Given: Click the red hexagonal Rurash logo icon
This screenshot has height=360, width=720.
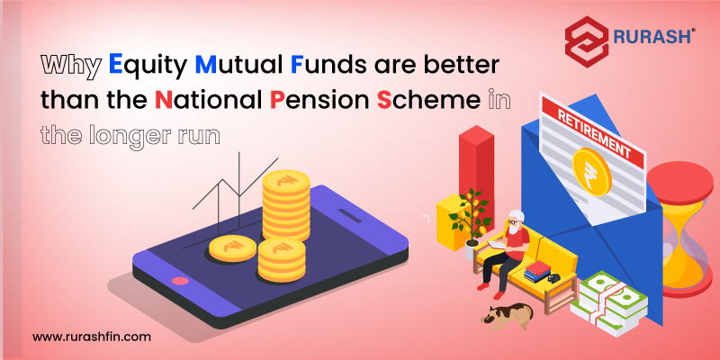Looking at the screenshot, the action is (x=586, y=41).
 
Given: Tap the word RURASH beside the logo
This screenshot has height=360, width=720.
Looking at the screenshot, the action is (x=652, y=36).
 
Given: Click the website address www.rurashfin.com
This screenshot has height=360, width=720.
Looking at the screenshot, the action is (x=92, y=337).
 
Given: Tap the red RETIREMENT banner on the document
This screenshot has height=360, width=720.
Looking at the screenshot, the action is (x=593, y=133).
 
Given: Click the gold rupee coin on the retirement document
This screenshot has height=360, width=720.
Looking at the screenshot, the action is (x=592, y=171).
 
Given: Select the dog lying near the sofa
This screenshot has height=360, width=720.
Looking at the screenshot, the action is (x=507, y=316).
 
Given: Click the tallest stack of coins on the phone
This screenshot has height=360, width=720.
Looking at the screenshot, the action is (x=286, y=205).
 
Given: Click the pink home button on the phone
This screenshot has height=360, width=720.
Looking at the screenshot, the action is (x=179, y=281).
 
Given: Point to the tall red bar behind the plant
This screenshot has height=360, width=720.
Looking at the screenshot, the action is (x=476, y=175).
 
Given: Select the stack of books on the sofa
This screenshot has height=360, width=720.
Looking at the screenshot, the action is (x=537, y=271).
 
